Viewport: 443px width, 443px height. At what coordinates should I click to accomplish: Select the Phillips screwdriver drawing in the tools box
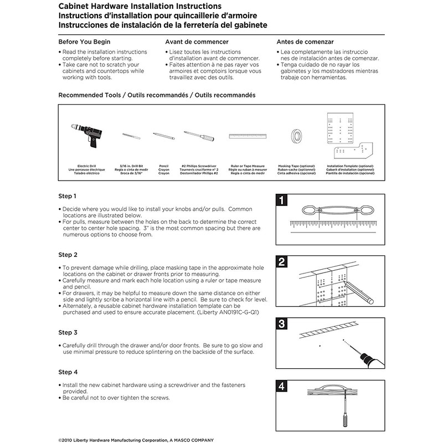point(199,135)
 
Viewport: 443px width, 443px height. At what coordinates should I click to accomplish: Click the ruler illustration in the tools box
point(248,136)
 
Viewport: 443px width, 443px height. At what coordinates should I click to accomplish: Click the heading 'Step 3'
point(68,332)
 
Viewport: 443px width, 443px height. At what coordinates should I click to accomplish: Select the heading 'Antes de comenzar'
point(305,42)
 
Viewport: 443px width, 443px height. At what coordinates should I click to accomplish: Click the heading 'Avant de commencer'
point(197,42)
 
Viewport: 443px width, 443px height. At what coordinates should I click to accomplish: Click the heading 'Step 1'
point(68,196)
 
